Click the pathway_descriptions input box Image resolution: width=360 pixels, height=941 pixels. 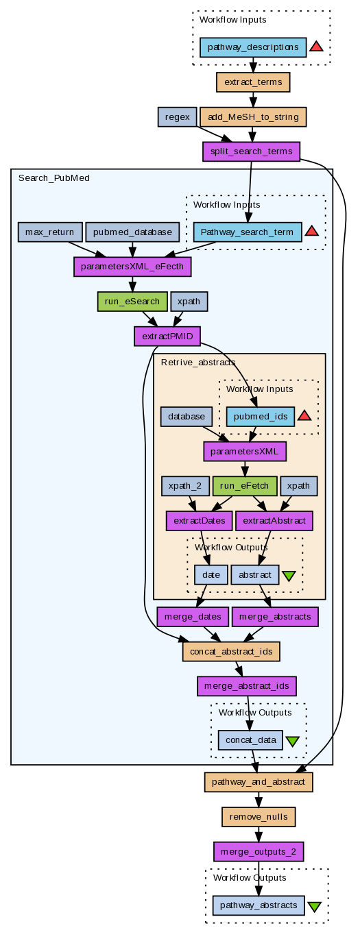coord(253,47)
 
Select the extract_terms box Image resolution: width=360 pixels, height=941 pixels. coord(253,82)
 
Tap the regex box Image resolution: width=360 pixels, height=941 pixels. coord(178,117)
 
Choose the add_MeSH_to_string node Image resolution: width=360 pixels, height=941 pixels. coord(253,117)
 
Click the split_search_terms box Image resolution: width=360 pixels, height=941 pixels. coord(251,151)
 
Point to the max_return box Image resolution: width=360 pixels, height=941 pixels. coord(49,232)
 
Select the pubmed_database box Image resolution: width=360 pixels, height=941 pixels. coord(132,232)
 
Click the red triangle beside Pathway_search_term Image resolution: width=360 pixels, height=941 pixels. coord(311,231)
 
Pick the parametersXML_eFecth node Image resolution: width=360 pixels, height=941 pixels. coord(132,267)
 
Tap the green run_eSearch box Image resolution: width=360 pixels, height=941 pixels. coord(132,301)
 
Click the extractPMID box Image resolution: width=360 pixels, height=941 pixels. coord(167,336)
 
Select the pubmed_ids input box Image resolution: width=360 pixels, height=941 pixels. coord(261,416)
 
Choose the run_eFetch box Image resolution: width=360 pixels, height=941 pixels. coord(245,486)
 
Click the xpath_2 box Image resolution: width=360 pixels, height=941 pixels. coord(185,486)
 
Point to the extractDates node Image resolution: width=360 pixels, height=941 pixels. coord(199,520)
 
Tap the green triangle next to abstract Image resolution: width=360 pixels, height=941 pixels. coord(289,576)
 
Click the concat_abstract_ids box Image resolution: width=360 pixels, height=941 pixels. coord(231,652)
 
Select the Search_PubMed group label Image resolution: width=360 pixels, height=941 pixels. coord(53,178)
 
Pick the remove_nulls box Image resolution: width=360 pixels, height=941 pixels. coord(259,817)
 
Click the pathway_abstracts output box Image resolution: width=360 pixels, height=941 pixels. coord(259,905)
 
